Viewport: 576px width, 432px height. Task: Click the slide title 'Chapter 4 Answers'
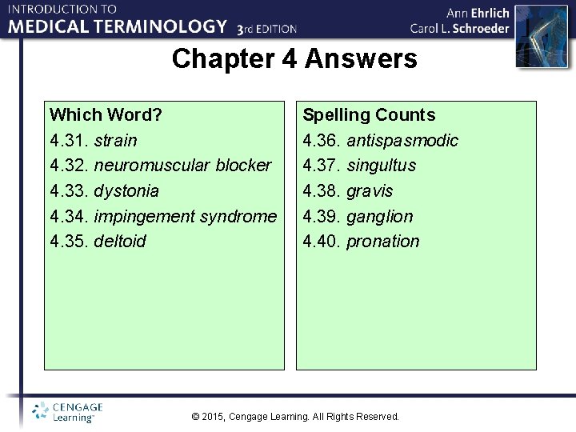pos(294,58)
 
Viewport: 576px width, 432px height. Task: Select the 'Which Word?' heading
pos(106,115)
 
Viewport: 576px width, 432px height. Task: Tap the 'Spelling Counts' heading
pos(369,115)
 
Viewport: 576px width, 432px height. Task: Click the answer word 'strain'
pos(115,141)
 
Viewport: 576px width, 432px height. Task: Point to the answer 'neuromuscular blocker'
pos(182,166)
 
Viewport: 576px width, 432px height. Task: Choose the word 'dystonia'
pos(126,191)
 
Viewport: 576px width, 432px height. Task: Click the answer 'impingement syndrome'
pos(185,216)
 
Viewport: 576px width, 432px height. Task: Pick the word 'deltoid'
pos(120,242)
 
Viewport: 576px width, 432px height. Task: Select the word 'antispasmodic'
pos(402,141)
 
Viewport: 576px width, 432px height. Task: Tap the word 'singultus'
pos(381,166)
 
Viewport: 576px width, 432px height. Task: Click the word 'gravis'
pos(370,191)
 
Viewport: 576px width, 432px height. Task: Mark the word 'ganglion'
pos(379,216)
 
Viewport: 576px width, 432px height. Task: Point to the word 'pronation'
pos(382,242)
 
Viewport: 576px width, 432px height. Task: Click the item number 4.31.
pos(69,141)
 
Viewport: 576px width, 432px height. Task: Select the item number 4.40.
pos(322,242)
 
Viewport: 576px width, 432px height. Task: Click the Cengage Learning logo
pos(67,412)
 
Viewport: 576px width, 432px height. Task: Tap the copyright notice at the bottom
pos(296,417)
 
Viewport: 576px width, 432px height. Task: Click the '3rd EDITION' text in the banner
pos(267,28)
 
